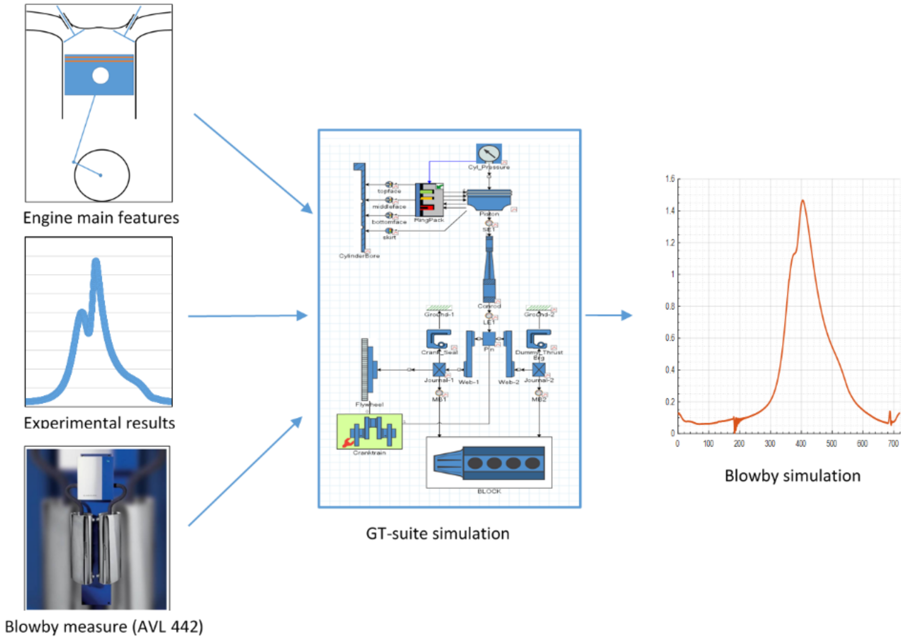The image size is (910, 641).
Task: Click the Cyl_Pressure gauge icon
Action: [x=489, y=153]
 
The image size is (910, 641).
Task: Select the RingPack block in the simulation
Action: [x=429, y=200]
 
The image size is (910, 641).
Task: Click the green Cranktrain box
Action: [x=369, y=431]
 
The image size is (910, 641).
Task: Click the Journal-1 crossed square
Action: [x=439, y=369]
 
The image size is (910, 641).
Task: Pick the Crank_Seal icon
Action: [x=438, y=339]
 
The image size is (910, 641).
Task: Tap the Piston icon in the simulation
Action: [x=489, y=200]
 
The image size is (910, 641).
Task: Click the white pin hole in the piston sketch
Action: [x=100, y=75]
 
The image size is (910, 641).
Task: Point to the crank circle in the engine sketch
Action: [x=102, y=175]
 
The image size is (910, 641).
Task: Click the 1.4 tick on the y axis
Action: [x=670, y=211]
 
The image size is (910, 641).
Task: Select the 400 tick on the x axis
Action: [x=801, y=444]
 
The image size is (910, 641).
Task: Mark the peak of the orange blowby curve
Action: [x=803, y=201]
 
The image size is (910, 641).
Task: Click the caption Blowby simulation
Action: [x=793, y=476]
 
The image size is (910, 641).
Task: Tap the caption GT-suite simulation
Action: [x=438, y=534]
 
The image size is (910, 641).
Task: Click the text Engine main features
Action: [x=101, y=218]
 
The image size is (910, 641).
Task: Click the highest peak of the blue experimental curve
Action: [x=96, y=262]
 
